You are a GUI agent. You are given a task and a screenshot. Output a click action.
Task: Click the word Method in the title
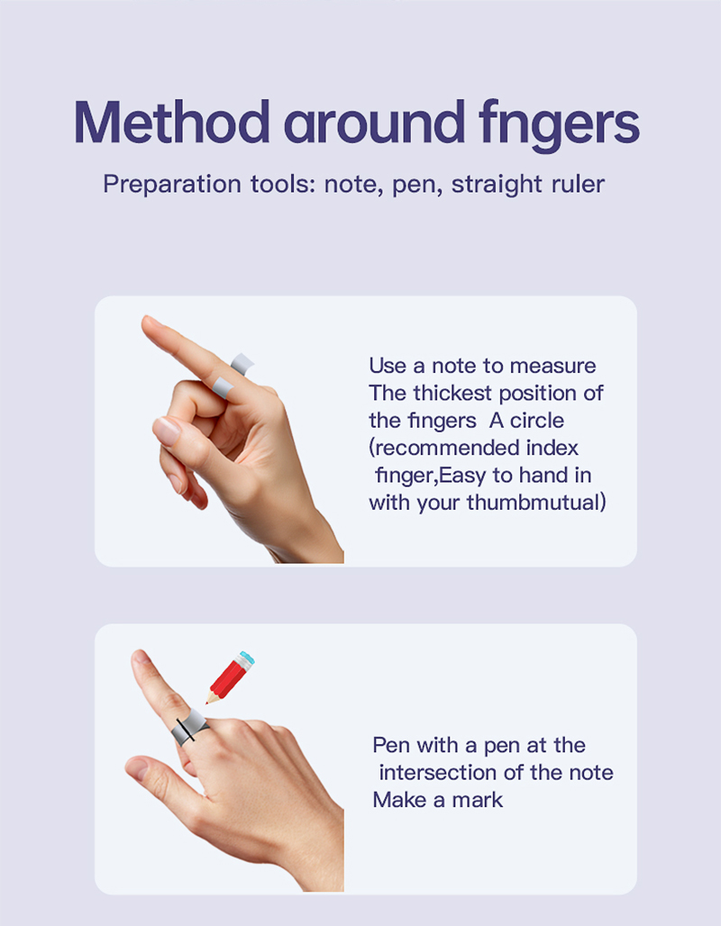[172, 123]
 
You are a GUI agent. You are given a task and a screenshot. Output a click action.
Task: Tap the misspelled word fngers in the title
[559, 126]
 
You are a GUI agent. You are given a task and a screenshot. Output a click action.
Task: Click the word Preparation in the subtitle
[172, 185]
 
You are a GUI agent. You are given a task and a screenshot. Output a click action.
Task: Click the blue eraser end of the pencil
[246, 658]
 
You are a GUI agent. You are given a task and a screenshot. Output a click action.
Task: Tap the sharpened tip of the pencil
[207, 703]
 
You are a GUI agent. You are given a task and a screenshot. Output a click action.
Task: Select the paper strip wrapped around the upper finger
[231, 376]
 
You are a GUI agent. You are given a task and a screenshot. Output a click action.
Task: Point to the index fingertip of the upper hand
[147, 322]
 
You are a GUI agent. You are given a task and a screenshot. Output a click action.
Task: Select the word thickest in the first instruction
[452, 393]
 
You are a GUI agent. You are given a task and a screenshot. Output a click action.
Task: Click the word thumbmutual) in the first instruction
[536, 503]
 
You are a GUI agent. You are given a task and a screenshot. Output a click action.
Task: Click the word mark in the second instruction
[478, 800]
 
